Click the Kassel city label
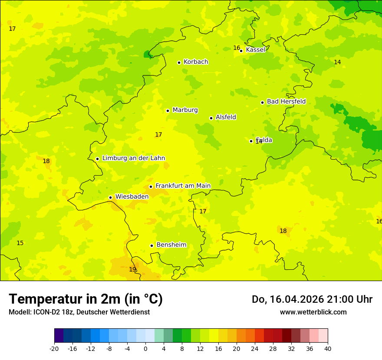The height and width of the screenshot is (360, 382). pos(255,50)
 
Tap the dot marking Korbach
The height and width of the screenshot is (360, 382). pos(179,62)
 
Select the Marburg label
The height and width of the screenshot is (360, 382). pos(185,110)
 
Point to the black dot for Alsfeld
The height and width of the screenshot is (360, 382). pos(211,118)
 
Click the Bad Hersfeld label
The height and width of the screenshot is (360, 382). pos(286,101)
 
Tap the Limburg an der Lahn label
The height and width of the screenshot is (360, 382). pos(133,158)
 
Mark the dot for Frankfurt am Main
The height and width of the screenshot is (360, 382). pos(151,187)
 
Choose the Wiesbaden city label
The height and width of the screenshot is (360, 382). pos(132,196)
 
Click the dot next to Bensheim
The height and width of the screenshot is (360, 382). pos(151,245)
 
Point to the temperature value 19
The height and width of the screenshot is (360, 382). pos(132,269)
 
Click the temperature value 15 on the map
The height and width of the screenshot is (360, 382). pos(20,243)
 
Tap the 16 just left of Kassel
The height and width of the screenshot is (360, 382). pos(237,48)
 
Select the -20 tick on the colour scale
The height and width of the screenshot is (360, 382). pos(54,348)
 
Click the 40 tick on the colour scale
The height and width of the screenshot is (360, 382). pos(328,348)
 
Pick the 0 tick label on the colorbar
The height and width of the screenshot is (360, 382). pos(145,348)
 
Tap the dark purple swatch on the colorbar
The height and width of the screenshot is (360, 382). pos(59,336)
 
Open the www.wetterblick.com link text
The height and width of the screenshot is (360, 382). pos(313,312)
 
